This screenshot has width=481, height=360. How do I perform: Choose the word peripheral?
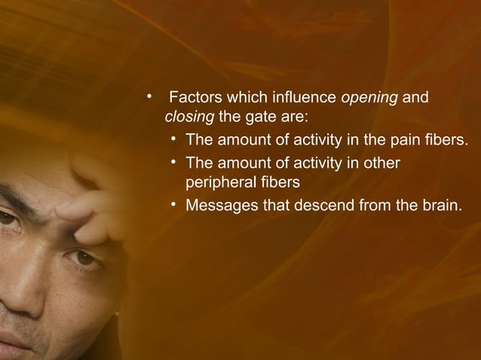pyautogui.click(x=219, y=182)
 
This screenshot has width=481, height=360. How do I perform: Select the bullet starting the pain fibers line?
pyautogui.click(x=174, y=139)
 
